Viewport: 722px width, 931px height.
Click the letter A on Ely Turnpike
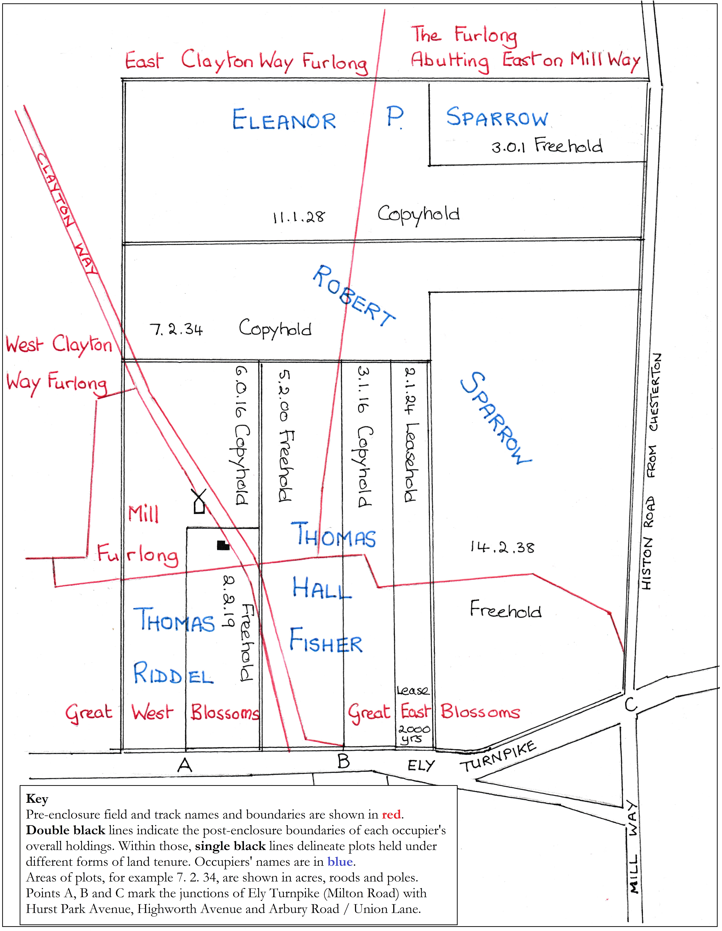(x=185, y=765)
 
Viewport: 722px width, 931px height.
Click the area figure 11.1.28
(x=298, y=217)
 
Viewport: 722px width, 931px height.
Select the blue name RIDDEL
(x=173, y=674)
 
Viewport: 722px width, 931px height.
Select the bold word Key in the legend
(x=37, y=798)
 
